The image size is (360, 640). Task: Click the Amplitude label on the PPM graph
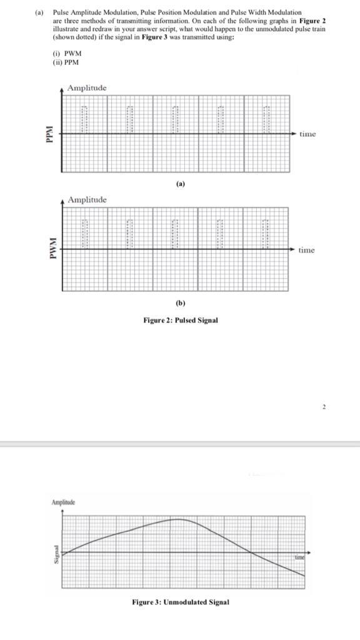pos(87,88)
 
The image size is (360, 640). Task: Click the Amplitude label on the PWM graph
pos(87,199)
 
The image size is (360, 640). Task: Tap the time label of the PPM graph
pos(307,134)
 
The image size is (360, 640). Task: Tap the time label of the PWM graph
pos(307,250)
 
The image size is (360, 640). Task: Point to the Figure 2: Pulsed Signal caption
pos(181,320)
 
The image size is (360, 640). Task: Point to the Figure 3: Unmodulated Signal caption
pos(181,602)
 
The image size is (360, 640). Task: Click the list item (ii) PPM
pos(66,62)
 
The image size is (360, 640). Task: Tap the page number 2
pos(324,407)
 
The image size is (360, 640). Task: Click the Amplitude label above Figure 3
pos(62,502)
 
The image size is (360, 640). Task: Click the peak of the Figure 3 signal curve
pos(178,519)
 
